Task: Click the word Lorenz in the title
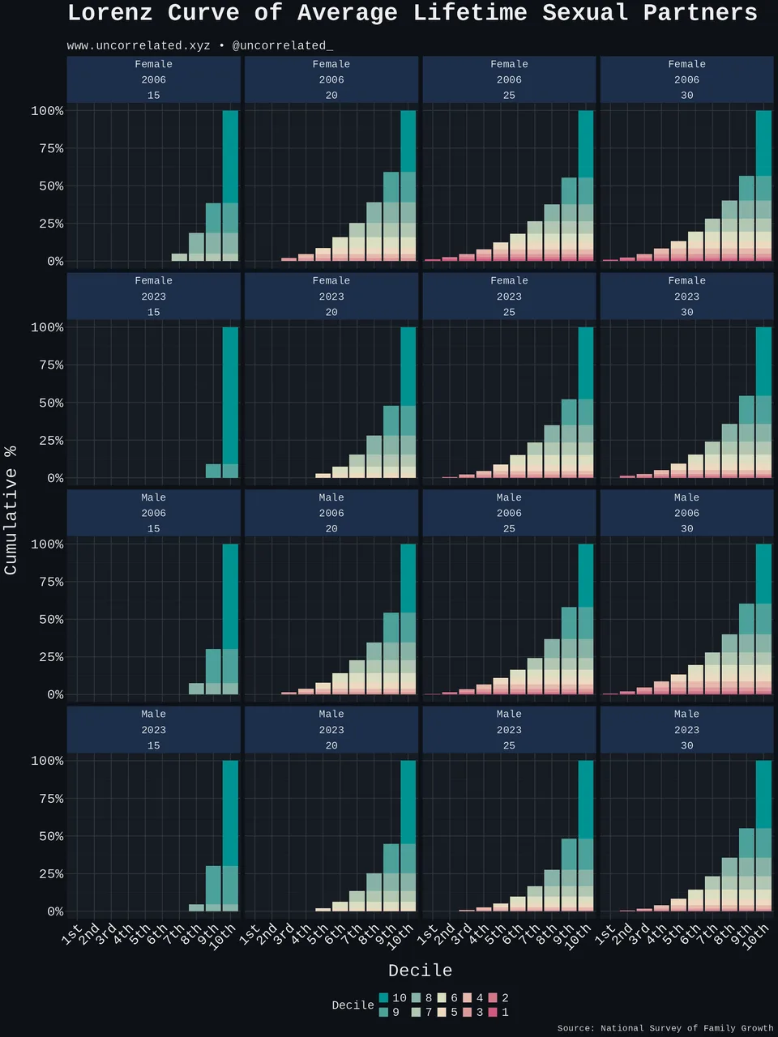coord(110,13)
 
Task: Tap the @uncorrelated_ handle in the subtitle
coord(283,46)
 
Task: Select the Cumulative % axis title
coord(11,510)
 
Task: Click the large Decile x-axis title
coord(420,971)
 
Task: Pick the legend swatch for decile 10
coord(383,998)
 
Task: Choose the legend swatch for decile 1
coord(493,1012)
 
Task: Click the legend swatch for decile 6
coord(442,998)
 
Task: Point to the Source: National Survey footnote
coord(665,1029)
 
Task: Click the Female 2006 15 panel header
coord(153,79)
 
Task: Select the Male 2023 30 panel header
coord(687,729)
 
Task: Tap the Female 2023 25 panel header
coord(509,297)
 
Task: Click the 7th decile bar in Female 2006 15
coord(179,258)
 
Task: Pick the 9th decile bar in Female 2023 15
coord(213,471)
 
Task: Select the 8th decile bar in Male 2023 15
coord(196,908)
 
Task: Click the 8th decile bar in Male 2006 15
coord(196,689)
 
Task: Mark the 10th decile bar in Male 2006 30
coord(764,620)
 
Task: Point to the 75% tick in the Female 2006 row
coord(51,149)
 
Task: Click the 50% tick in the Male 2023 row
coord(51,836)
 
